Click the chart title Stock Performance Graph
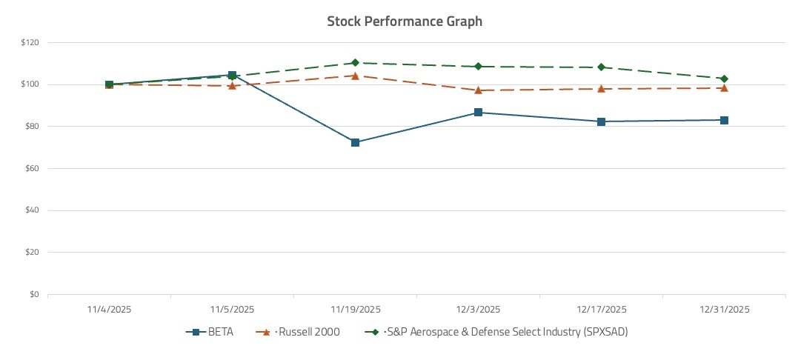coord(405,21)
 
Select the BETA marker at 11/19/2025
coord(355,142)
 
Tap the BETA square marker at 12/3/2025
coord(478,113)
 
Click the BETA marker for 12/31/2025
coord(724,120)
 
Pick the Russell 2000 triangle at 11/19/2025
coord(355,76)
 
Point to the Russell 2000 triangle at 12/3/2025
coord(478,90)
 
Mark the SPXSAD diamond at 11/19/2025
coord(355,63)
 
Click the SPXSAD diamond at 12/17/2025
coord(601,67)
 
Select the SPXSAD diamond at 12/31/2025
coord(724,79)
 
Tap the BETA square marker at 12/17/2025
coord(601,121)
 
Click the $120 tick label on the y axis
coord(30,42)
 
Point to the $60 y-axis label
coord(33,168)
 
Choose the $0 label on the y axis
coord(35,294)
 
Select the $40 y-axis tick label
coord(33,210)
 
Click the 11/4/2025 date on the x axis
coord(109,309)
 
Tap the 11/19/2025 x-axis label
coord(355,309)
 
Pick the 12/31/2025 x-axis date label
coord(724,309)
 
